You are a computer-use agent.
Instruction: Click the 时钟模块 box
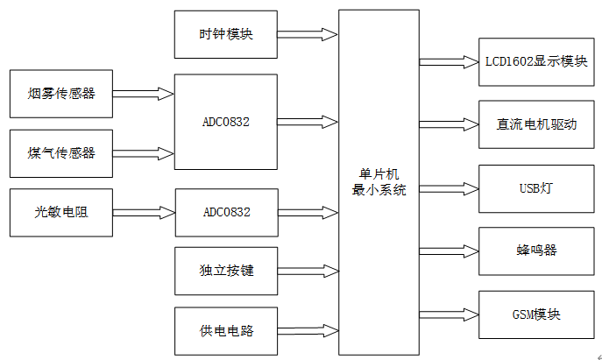tap(226, 35)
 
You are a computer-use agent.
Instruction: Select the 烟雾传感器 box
tap(60, 94)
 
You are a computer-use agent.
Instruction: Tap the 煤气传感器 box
tap(60, 153)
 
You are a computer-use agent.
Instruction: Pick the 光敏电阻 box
tap(60, 212)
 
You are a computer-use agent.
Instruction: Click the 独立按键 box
tap(226, 271)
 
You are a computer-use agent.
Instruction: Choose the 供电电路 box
tap(226, 330)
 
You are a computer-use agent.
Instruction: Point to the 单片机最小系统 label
tap(379, 182)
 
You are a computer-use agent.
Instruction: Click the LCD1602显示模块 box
tap(537, 62)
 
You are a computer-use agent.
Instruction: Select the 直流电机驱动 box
tap(537, 124)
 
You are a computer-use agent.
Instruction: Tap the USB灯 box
tap(537, 187)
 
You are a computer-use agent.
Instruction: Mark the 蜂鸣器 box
tap(537, 251)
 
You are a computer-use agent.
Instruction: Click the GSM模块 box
tap(537, 314)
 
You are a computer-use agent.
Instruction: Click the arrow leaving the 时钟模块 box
tap(308, 35)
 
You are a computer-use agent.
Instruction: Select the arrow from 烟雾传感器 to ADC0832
tap(144, 91)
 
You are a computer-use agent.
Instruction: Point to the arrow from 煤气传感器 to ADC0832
tap(144, 151)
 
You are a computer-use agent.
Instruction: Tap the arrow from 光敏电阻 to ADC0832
tap(144, 211)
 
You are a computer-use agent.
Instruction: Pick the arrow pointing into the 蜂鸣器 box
tap(449, 251)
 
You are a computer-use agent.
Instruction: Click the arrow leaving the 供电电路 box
tap(308, 330)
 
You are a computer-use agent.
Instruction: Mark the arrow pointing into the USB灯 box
tap(449, 187)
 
